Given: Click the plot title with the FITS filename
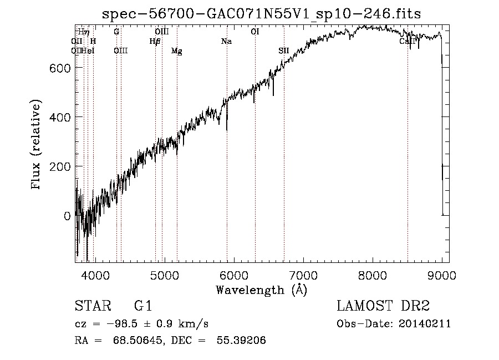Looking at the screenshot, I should click(x=262, y=14).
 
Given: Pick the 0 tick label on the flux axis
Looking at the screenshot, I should click(x=67, y=216).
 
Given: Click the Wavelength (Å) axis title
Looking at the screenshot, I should click(x=261, y=290).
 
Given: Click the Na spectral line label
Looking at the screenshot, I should click(x=226, y=42).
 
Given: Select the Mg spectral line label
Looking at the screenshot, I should click(x=176, y=51).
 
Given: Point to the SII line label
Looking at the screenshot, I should click(x=284, y=51).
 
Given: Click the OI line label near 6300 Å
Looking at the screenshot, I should click(x=255, y=32).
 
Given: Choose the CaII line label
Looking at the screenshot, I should click(x=408, y=42).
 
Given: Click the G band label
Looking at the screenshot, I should click(x=116, y=32).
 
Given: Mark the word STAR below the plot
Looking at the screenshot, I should click(x=92, y=306).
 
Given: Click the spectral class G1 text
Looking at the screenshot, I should click(x=143, y=306).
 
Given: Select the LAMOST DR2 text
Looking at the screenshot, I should click(x=383, y=306).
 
